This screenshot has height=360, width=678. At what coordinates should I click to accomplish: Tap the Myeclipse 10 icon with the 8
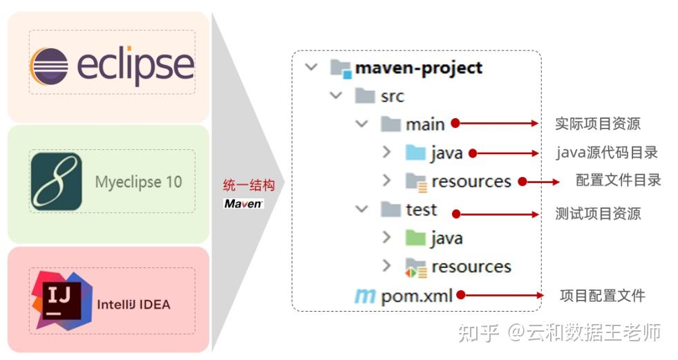pyautogui.click(x=56, y=182)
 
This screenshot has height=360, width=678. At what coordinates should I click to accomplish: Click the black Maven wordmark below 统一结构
pyautogui.click(x=243, y=203)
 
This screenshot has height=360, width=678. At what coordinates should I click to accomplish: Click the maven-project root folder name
pyautogui.click(x=418, y=68)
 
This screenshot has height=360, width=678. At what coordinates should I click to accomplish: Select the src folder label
pyautogui.click(x=392, y=96)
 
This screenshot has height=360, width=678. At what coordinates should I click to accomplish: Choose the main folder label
pyautogui.click(x=425, y=124)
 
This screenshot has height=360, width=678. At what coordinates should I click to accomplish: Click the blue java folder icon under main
pyautogui.click(x=415, y=153)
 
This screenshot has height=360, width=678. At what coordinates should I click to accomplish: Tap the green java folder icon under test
pyautogui.click(x=415, y=238)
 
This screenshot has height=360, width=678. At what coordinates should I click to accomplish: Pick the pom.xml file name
pyautogui.click(x=417, y=296)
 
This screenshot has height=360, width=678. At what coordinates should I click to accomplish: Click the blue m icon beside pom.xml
pyautogui.click(x=364, y=296)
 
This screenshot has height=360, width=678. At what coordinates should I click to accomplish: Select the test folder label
pyautogui.click(x=422, y=209)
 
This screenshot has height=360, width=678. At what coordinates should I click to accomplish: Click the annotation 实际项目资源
pyautogui.click(x=598, y=124)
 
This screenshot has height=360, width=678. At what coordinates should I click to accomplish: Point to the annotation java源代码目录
pyautogui.click(x=608, y=153)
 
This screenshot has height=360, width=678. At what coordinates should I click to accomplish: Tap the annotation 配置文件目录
pyautogui.click(x=619, y=181)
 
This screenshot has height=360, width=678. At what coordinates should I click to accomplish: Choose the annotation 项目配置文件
pyautogui.click(x=603, y=296)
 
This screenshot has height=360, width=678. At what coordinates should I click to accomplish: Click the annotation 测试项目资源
pyautogui.click(x=598, y=214)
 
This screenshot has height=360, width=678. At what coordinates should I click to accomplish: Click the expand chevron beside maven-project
pyautogui.click(x=312, y=67)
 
